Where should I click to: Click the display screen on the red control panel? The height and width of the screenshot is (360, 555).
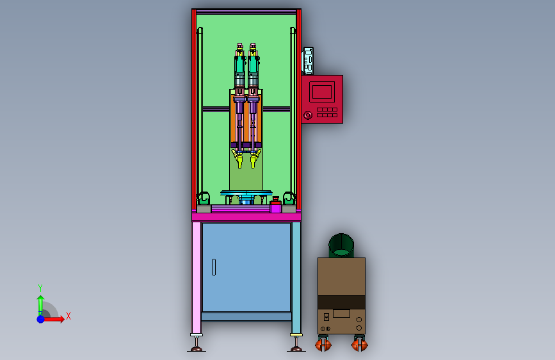[322, 92]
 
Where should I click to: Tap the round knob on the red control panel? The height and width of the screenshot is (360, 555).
[307, 115]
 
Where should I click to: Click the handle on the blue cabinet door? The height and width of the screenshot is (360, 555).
[214, 267]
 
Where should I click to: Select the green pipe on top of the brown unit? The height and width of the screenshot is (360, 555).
[341, 245]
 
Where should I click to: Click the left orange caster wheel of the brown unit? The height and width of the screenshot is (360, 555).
[323, 345]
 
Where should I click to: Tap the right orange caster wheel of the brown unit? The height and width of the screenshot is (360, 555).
[360, 345]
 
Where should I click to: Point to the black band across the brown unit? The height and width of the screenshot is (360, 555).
[341, 302]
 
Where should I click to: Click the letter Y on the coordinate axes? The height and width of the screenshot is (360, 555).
[40, 288]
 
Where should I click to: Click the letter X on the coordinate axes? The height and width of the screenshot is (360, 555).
[68, 316]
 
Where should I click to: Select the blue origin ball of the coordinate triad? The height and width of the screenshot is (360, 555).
[41, 319]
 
